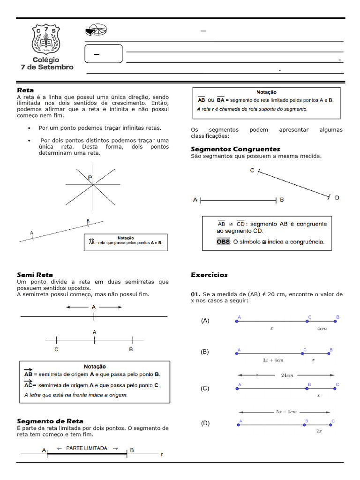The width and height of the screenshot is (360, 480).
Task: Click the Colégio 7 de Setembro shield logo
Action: click(46, 39)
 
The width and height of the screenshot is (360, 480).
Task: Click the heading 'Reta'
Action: click(25, 90)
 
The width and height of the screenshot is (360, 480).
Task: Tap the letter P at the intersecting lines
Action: click(90, 178)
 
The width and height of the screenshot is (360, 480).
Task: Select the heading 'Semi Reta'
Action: click(35, 275)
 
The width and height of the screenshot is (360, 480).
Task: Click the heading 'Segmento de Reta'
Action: click(50, 421)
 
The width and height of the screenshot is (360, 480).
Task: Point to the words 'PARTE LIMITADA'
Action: click(89, 448)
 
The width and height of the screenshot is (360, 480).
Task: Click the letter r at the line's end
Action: click(162, 454)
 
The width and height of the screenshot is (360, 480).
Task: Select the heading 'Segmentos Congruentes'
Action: click(235, 149)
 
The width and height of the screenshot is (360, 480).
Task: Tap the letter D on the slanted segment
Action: click(337, 198)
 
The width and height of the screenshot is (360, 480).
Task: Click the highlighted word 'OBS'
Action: click(223, 242)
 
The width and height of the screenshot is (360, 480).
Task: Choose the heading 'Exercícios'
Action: click(209, 275)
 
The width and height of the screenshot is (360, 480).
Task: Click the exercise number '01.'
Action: click(195, 294)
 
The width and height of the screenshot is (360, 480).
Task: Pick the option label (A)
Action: click(205, 321)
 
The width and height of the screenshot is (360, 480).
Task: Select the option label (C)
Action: click(205, 389)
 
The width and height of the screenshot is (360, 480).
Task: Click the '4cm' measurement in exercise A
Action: click(322, 329)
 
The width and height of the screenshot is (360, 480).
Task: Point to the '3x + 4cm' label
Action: click(273, 360)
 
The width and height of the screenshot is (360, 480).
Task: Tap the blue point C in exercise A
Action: click(307, 321)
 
